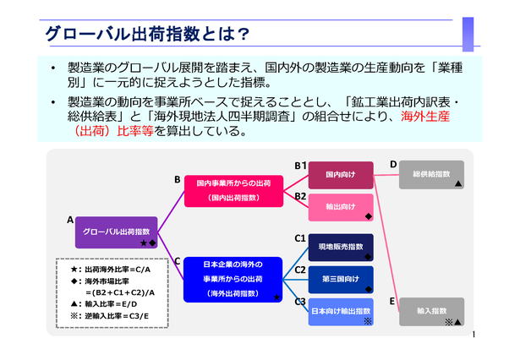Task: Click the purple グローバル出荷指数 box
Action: pyautogui.click(x=117, y=232)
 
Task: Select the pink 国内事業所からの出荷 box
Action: pyautogui.click(x=234, y=191)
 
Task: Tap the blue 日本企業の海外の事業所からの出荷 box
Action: pyautogui.click(x=233, y=280)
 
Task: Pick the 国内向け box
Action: pyautogui.click(x=341, y=175)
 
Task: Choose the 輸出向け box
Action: pyautogui.click(x=341, y=208)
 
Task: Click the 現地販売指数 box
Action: pyautogui.click(x=341, y=248)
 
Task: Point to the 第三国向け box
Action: pyautogui.click(x=341, y=280)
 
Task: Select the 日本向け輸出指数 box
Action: pyautogui.click(x=341, y=312)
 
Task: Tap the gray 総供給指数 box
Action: pyautogui.click(x=431, y=175)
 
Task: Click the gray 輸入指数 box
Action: pyautogui.click(x=431, y=312)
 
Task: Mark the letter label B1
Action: pyautogui.click(x=300, y=166)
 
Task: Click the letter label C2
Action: pyautogui.click(x=300, y=270)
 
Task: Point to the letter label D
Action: pyautogui.click(x=393, y=164)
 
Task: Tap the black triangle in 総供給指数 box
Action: pyautogui.click(x=458, y=183)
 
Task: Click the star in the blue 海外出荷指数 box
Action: pyautogui.click(x=276, y=297)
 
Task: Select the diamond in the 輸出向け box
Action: pyautogui.click(x=368, y=216)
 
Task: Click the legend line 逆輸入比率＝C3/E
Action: pyautogui.click(x=110, y=316)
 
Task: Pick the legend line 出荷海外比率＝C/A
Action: pyautogui.click(x=111, y=270)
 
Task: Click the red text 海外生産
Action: pyautogui.click(x=425, y=117)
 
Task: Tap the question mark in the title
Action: pyautogui.click(x=244, y=34)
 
